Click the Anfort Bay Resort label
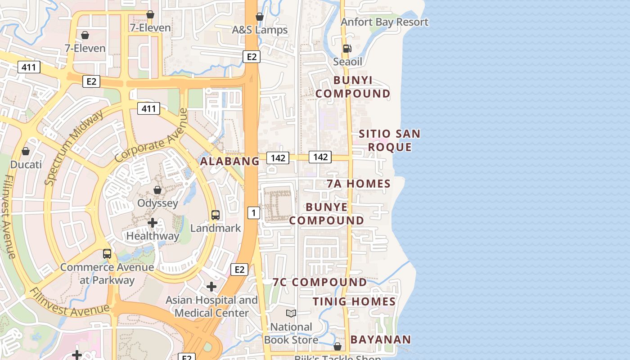point(384,22)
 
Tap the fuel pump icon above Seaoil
point(347,49)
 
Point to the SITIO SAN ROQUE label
point(390,140)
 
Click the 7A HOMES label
point(359,184)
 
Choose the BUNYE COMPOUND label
point(327,214)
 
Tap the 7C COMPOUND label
point(319,282)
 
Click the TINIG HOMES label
point(354,301)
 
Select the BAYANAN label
point(381,340)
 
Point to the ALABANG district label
point(230,161)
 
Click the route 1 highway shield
point(254,213)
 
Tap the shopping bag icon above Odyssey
point(157,190)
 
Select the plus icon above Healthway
point(153,223)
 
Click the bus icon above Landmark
point(216,215)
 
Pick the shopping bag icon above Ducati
point(26,151)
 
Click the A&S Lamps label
point(260,30)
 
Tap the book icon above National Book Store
point(291,313)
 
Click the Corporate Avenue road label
point(151,135)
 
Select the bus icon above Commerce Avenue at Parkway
point(107,254)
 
